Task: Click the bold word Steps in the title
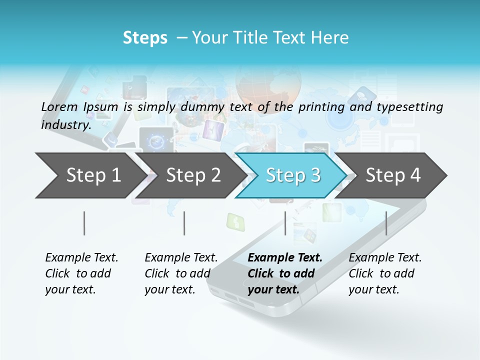(x=145, y=38)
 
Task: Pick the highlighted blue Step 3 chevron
(x=293, y=175)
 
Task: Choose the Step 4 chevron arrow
(x=393, y=175)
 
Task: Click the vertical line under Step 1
(x=84, y=223)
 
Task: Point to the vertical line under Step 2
(x=184, y=223)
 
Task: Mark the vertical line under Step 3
(x=285, y=223)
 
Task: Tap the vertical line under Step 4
(x=386, y=223)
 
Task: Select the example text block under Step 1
(x=81, y=273)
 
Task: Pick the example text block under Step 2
(x=181, y=273)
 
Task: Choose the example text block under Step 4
(x=385, y=273)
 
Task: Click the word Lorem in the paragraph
(x=59, y=107)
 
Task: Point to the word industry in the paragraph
(x=65, y=125)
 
